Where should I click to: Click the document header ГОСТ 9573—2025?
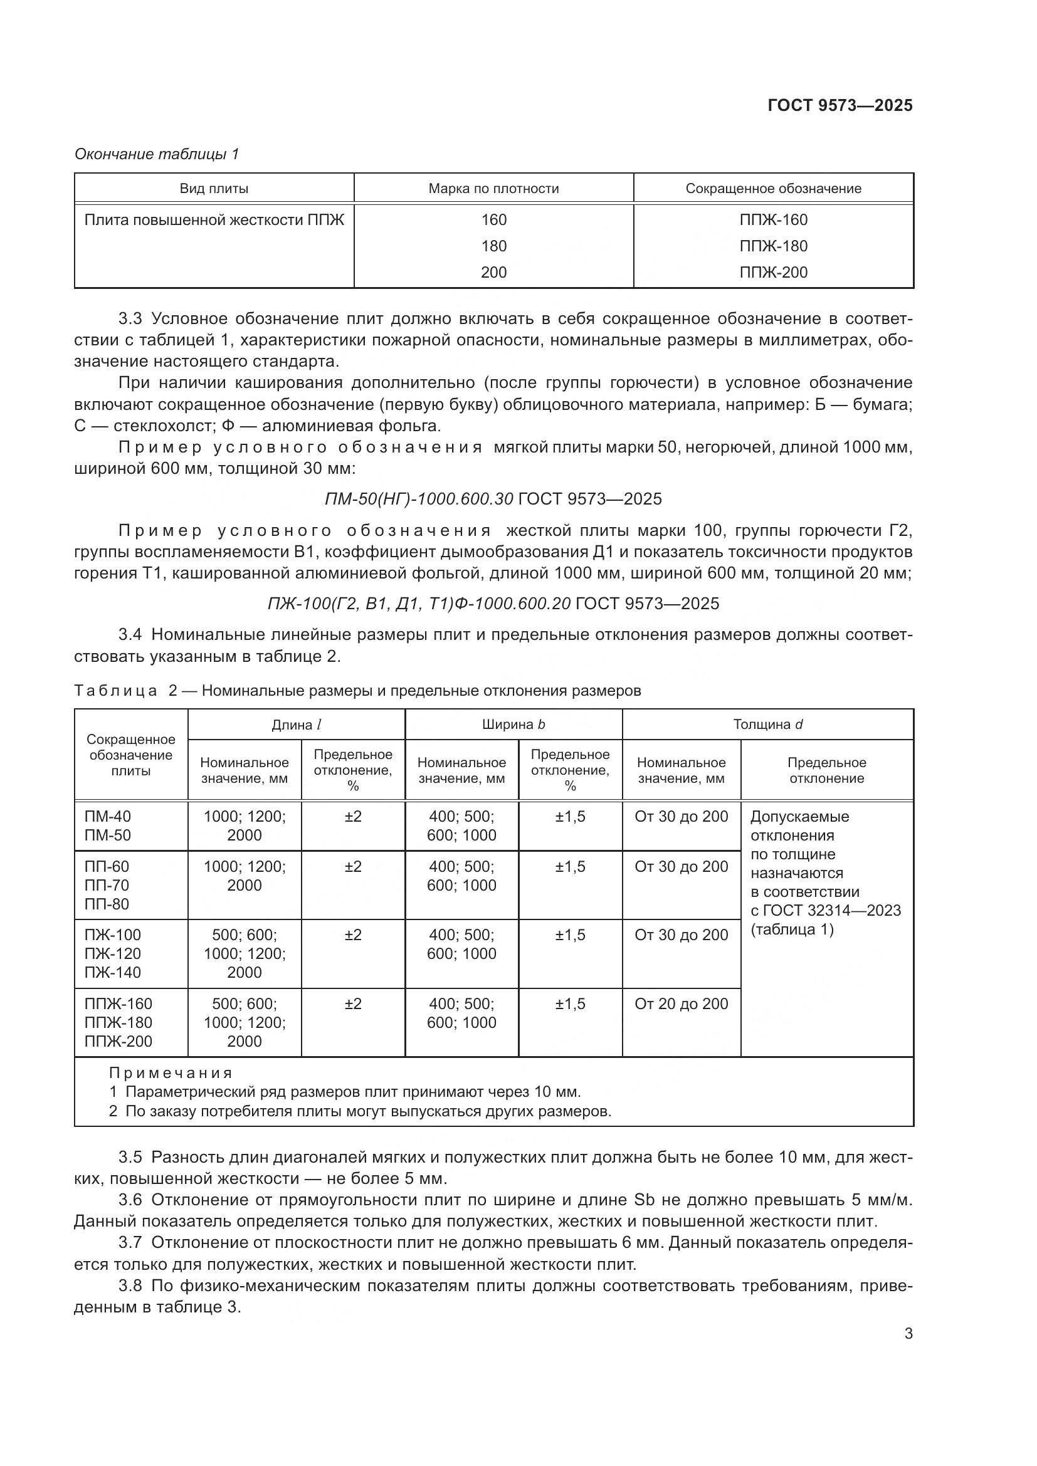tap(840, 105)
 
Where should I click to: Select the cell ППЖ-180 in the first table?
tap(773, 246)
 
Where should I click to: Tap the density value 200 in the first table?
tap(493, 272)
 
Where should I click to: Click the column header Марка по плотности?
tap(493, 189)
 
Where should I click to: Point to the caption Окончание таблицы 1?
tap(157, 154)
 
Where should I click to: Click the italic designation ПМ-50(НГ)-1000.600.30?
tap(419, 499)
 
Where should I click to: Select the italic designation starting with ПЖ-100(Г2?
tap(419, 604)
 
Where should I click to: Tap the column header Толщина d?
tap(767, 724)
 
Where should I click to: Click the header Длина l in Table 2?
tap(297, 724)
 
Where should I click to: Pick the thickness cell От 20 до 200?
tap(682, 1003)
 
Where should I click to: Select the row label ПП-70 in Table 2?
tap(107, 885)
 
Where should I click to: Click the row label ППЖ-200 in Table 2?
tap(118, 1042)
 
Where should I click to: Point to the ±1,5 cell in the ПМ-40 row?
tap(570, 816)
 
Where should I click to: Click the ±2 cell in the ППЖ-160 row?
tap(353, 1003)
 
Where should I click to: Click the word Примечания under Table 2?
tap(171, 1072)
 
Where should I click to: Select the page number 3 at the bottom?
tap(908, 1333)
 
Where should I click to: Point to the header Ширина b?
tap(513, 724)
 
